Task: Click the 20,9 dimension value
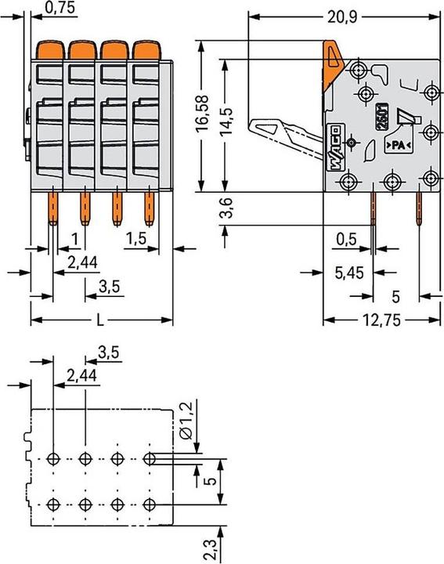342,17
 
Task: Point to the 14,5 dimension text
226,121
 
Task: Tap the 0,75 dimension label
60,8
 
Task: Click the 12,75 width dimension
381,320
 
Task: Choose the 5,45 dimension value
349,273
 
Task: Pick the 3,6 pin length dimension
226,208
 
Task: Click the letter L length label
100,320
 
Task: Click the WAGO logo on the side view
334,147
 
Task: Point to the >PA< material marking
399,146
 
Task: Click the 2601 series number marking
381,116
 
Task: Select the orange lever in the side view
332,65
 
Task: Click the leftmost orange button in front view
49,50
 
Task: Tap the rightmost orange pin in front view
149,208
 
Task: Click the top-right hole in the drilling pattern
149,458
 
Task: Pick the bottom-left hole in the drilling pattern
53,504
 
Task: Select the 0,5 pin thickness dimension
347,239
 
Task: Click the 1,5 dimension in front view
136,238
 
